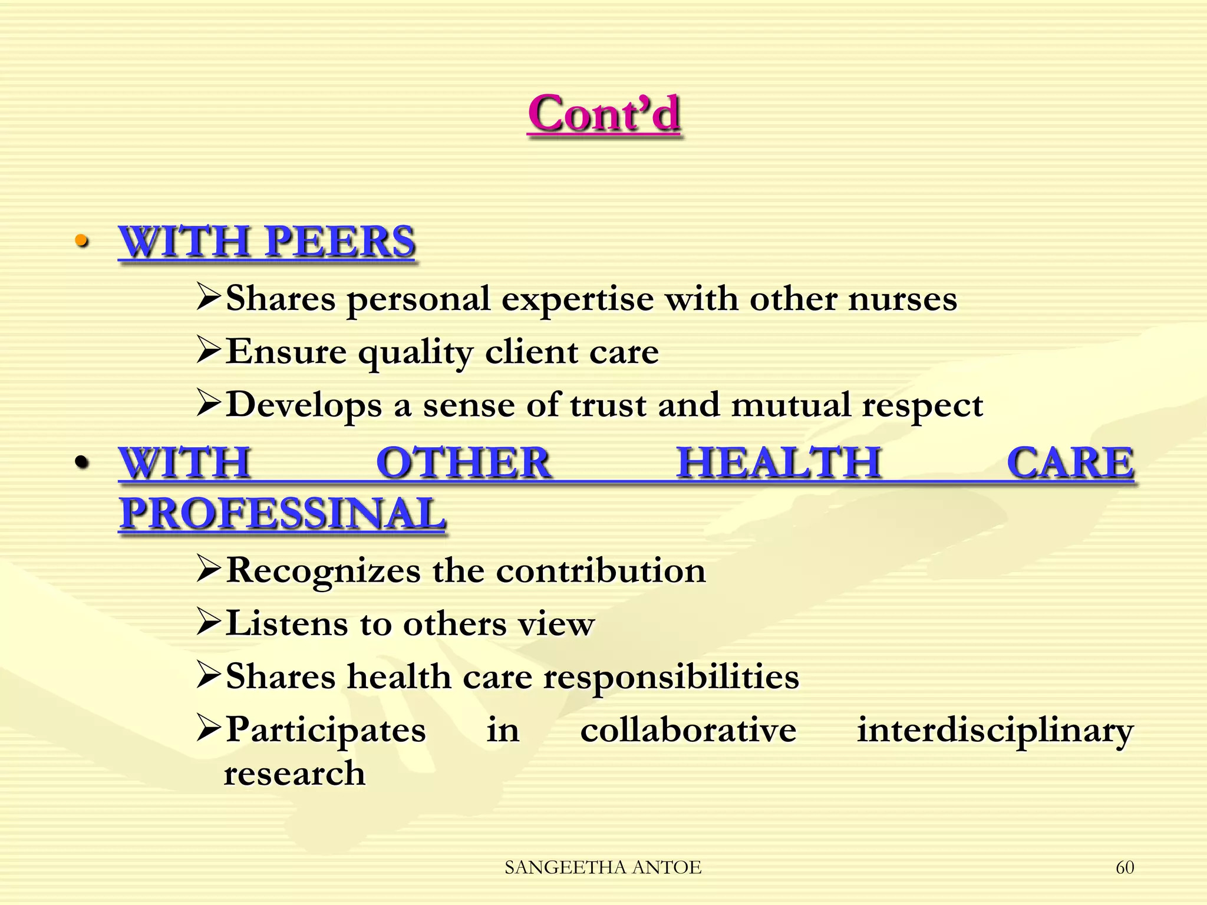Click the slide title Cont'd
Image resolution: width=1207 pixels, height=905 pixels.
[604, 114]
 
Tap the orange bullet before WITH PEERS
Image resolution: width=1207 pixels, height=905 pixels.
[82, 241]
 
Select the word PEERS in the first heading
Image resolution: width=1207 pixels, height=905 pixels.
[340, 242]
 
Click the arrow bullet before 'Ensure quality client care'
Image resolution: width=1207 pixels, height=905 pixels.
[209, 351]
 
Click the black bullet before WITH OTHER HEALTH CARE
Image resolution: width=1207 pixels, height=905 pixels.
[82, 462]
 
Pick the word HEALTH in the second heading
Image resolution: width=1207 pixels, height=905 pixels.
[779, 463]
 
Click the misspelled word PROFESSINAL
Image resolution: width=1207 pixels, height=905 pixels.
[282, 513]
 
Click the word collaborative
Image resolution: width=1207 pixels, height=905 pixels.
[688, 731]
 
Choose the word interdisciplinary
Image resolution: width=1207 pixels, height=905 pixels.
[995, 731]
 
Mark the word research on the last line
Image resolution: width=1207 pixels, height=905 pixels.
[295, 774]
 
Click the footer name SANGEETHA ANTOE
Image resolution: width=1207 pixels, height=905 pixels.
[603, 867]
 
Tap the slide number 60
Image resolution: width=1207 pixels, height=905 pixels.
[1124, 867]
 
